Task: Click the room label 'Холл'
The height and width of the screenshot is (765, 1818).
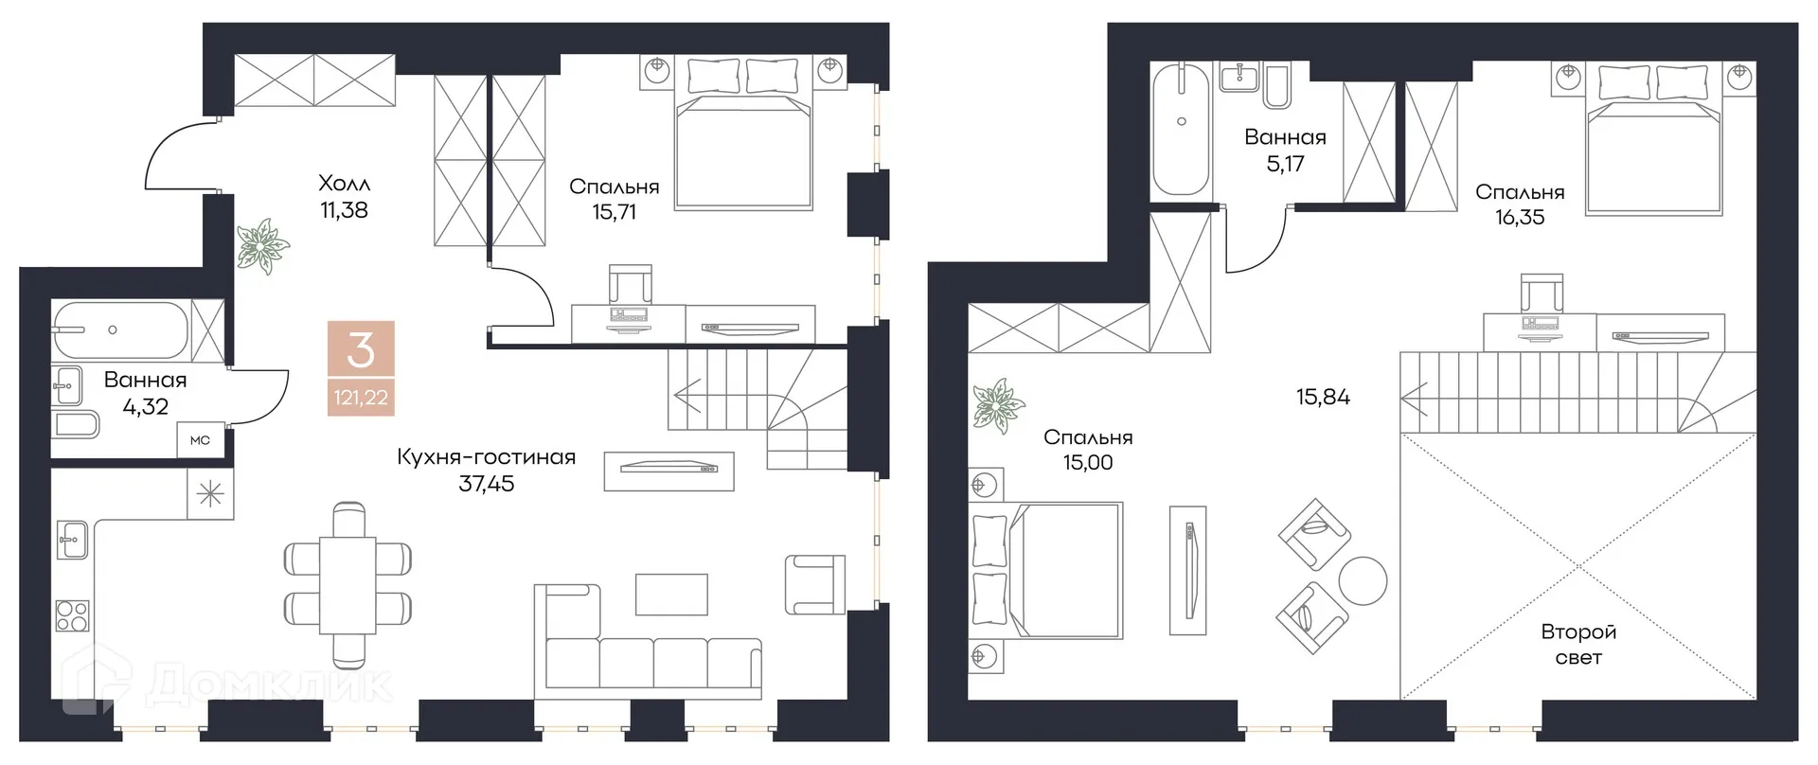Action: [344, 183]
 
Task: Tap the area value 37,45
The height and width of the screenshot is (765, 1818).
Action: [486, 484]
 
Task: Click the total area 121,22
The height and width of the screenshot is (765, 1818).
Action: [361, 398]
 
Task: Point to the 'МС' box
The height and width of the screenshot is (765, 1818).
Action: [200, 440]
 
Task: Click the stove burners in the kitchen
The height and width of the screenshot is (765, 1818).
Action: [73, 615]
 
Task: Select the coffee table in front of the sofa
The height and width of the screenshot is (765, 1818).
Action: [671, 595]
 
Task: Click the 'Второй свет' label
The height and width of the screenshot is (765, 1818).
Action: [1578, 644]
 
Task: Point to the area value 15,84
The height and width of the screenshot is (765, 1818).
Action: [1323, 397]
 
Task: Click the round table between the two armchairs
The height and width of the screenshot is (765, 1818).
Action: [1363, 578]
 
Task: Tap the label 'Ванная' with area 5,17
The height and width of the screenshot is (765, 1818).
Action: [1285, 137]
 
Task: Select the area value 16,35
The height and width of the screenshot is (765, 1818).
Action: [1520, 218]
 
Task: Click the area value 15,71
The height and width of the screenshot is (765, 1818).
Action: [614, 212]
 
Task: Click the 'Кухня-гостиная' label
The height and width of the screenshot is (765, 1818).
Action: [486, 457]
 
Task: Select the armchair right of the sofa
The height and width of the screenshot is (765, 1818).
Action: [814, 584]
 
